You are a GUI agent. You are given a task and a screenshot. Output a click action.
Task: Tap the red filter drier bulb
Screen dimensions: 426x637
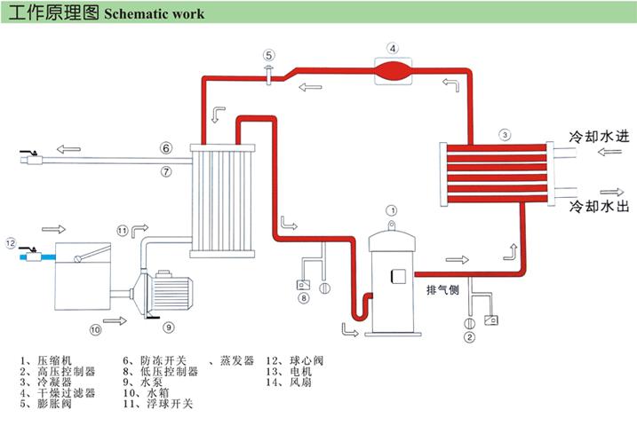point(393,67)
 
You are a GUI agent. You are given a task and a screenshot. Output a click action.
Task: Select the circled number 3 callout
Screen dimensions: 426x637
point(504,135)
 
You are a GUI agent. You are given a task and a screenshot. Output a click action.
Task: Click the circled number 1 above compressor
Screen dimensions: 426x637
point(391,210)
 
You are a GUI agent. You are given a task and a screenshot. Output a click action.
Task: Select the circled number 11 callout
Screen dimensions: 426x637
point(123,231)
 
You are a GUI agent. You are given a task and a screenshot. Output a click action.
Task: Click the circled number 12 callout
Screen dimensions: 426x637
point(11,241)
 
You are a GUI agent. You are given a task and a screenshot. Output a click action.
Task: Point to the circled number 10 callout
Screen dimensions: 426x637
point(94,328)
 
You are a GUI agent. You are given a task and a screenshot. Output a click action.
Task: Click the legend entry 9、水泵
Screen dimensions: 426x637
point(147,383)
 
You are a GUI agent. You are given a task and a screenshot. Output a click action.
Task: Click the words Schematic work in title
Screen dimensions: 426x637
point(154,14)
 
